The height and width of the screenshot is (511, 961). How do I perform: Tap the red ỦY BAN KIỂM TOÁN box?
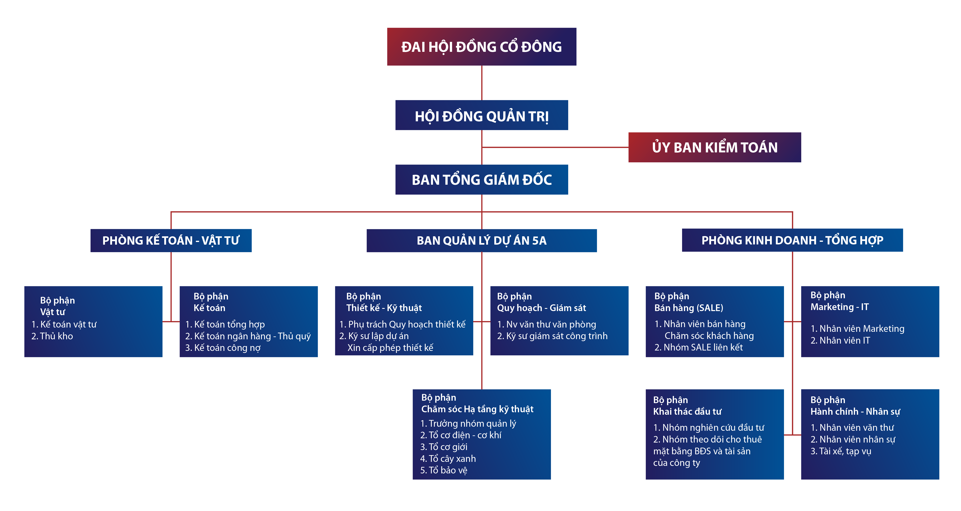point(714,148)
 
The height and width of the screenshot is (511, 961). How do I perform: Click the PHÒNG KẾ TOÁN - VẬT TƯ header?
point(171,240)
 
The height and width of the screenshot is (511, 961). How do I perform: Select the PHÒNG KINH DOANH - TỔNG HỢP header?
point(792,240)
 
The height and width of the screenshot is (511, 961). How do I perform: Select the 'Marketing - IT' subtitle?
point(839,307)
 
